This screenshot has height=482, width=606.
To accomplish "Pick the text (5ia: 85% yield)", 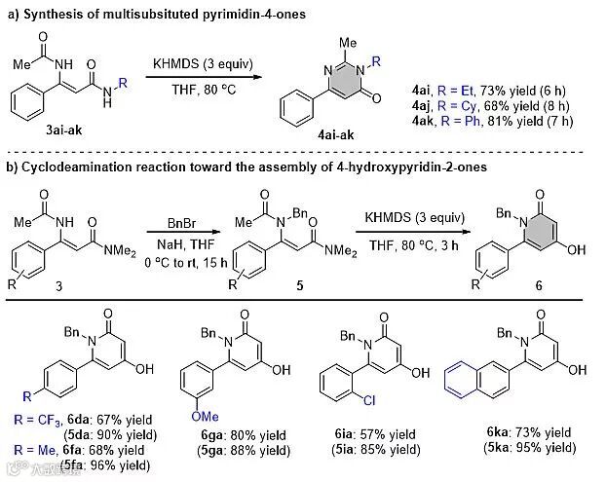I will pos(381,449).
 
